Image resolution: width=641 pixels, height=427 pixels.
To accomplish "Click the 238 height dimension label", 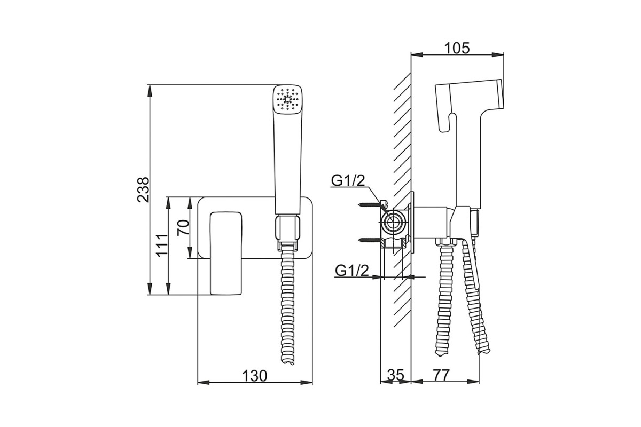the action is (143, 190).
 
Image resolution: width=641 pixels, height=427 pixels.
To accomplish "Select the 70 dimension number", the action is (183, 227).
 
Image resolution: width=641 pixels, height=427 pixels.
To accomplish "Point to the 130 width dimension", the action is (254, 376).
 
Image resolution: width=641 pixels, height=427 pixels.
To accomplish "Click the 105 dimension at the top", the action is (457, 48).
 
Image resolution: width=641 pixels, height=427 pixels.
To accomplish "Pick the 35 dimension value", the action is (396, 375).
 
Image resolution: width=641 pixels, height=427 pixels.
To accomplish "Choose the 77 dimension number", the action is (441, 375).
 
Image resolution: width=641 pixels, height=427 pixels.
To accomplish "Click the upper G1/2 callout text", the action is (348, 180).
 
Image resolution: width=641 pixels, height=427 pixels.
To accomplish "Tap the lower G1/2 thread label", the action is (352, 270).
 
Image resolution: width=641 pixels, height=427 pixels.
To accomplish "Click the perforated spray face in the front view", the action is (287, 99).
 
